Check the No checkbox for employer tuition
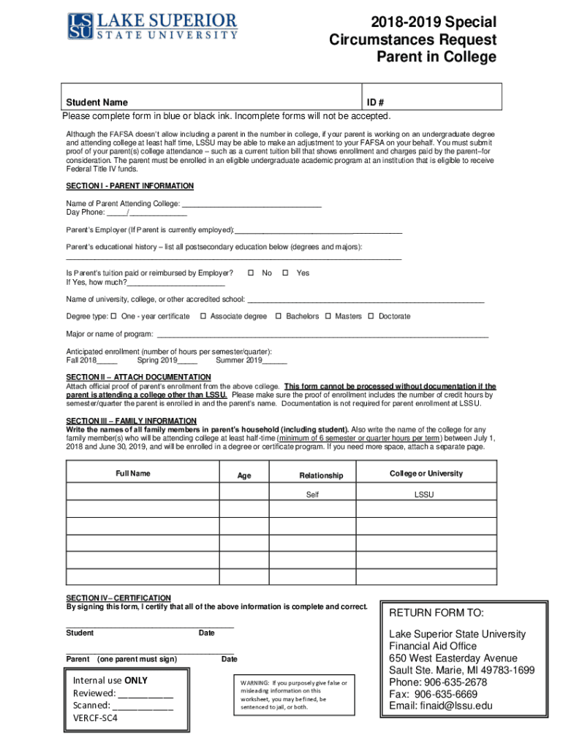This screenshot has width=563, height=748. point(250,272)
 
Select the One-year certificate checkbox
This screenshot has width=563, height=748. point(113,316)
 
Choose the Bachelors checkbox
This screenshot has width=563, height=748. point(278,316)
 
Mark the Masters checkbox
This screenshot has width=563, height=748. point(328,316)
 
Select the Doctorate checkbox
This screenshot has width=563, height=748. point(371,316)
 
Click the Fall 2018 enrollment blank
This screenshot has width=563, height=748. point(107,361)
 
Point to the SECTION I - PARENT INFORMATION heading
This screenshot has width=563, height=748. point(129,186)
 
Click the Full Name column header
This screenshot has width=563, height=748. point(132,473)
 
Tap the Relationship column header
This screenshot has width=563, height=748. point(320,476)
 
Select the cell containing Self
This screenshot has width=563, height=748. point(312,495)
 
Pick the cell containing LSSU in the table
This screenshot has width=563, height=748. point(424,495)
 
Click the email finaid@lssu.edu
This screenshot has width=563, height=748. point(441,706)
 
